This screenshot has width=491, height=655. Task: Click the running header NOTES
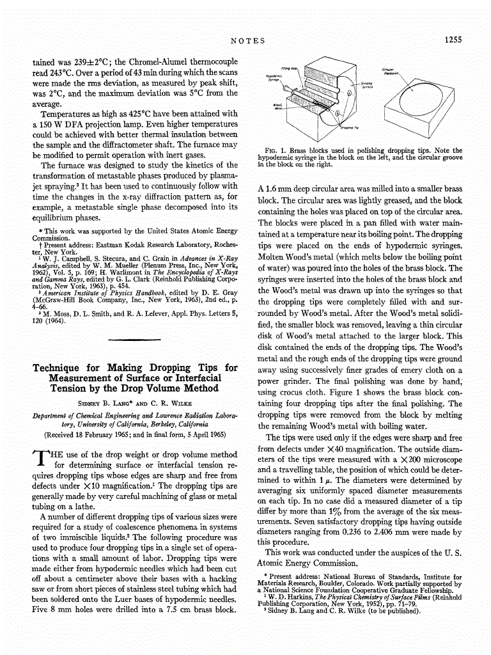click(247, 41)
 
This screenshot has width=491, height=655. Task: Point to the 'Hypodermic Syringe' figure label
click(274, 79)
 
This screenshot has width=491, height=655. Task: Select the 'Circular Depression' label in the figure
click(389, 72)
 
